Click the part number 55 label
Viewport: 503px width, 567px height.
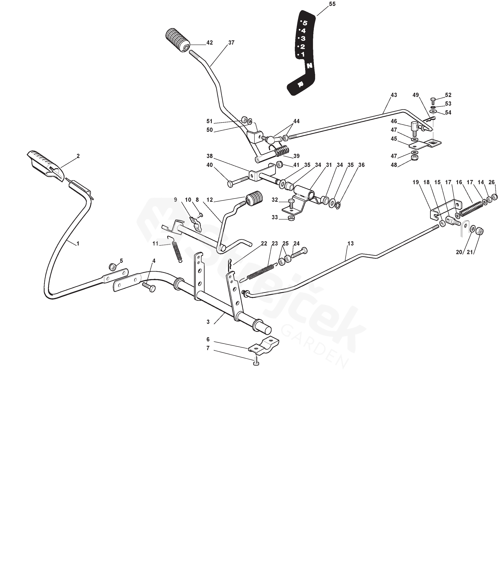[332, 4]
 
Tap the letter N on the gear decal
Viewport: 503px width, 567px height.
[310, 66]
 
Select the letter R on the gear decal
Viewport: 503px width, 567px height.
[300, 84]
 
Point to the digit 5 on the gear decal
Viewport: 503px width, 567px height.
[305, 23]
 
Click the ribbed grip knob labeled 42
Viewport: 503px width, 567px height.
[178, 40]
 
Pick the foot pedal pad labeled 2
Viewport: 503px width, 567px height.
[46, 166]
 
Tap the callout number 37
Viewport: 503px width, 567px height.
[231, 43]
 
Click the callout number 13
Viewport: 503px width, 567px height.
[350, 243]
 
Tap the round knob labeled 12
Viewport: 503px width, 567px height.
[254, 199]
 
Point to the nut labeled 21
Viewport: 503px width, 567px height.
[479, 231]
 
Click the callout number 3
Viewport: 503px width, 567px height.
[208, 322]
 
